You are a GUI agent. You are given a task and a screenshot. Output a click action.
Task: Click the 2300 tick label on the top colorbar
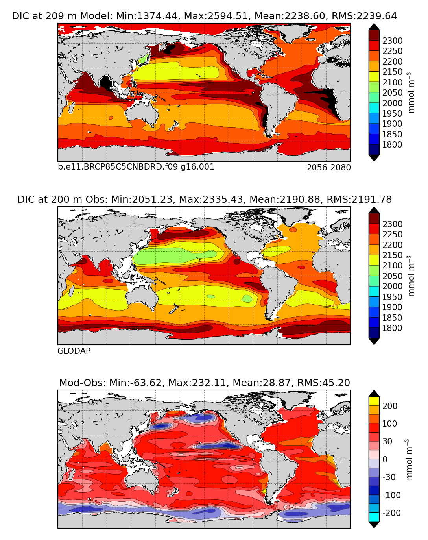click(x=392, y=41)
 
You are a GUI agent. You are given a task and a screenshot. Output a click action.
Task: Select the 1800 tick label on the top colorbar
click(x=392, y=145)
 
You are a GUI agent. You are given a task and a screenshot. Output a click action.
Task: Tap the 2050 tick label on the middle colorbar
click(x=392, y=276)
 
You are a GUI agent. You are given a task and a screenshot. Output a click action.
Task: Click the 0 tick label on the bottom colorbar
click(x=385, y=460)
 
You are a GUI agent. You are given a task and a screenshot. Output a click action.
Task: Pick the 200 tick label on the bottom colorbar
click(x=390, y=406)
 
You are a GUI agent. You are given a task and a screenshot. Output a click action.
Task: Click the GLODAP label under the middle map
click(x=74, y=351)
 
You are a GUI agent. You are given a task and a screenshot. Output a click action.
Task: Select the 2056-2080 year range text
click(x=328, y=168)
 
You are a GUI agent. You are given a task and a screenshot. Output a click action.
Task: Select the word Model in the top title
click(x=95, y=16)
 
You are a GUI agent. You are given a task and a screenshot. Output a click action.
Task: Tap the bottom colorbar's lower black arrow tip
click(x=374, y=525)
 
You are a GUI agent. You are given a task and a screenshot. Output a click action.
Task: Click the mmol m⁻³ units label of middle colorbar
click(x=411, y=276)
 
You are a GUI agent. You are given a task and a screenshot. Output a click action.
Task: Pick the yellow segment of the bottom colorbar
click(x=374, y=401)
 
